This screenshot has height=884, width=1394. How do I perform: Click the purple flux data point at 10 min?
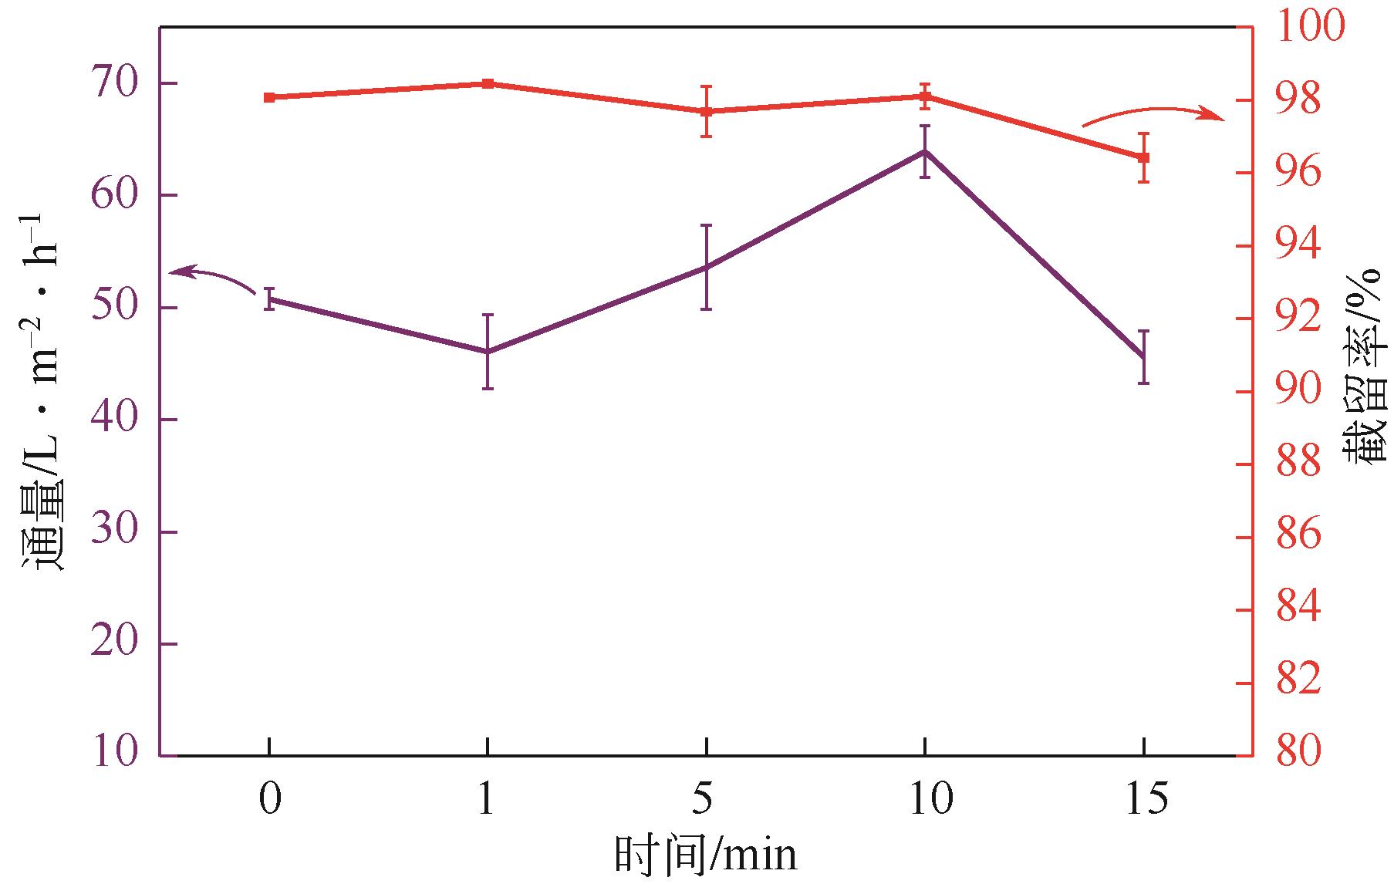[924, 151]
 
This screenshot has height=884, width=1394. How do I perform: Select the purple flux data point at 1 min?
[488, 352]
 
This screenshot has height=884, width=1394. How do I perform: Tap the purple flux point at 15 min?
[1143, 356]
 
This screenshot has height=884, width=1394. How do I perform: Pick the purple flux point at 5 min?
[706, 268]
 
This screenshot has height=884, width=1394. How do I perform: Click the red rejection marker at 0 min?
[269, 98]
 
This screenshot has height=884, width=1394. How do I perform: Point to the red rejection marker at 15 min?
[1143, 157]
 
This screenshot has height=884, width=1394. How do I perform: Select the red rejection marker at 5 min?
[706, 111]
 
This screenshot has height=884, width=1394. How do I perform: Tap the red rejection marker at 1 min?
[488, 83]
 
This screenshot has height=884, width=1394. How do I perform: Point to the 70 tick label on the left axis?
[115, 83]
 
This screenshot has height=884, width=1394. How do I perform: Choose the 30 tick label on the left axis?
[115, 532]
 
